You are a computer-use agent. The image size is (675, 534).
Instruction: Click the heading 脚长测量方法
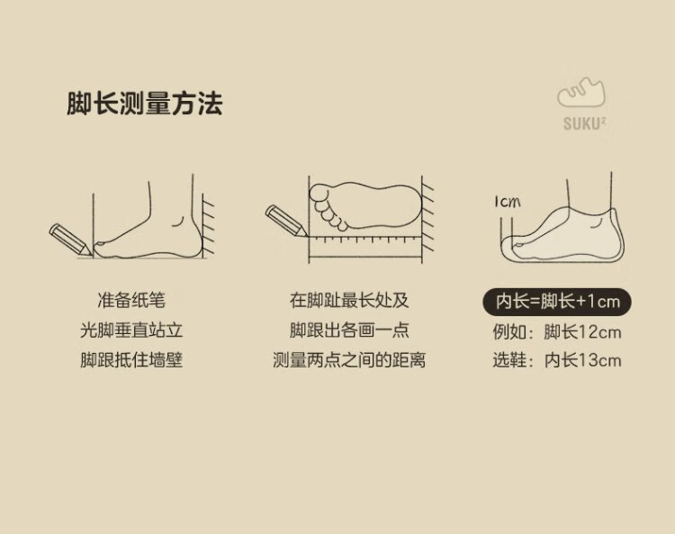point(145,104)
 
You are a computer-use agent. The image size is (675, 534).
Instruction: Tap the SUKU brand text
point(584,123)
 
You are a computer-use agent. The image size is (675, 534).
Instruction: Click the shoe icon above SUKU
point(581,92)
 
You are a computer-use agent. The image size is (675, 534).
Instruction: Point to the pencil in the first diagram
point(70,240)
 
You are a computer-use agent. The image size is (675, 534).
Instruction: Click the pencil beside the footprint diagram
point(286,221)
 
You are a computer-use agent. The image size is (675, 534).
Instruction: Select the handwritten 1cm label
point(507,202)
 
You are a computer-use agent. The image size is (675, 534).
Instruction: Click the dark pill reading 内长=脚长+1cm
point(557,302)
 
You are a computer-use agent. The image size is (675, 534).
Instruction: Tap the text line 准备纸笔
point(131,300)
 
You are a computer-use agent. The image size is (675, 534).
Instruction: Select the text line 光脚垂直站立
point(131,330)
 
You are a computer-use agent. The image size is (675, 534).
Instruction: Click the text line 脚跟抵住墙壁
point(131,360)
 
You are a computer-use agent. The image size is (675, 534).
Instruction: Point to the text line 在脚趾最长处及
point(348,300)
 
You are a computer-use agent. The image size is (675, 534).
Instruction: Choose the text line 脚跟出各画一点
point(348,330)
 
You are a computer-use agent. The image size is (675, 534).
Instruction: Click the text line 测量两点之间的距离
point(348,360)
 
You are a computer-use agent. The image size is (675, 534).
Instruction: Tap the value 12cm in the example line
point(599,332)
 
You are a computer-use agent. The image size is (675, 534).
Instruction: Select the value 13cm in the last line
point(599,360)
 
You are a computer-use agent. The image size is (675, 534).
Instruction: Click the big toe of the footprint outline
point(319,193)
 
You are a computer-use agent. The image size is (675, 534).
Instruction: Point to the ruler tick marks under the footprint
point(364,239)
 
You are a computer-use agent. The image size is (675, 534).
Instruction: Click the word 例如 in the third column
point(509,332)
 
